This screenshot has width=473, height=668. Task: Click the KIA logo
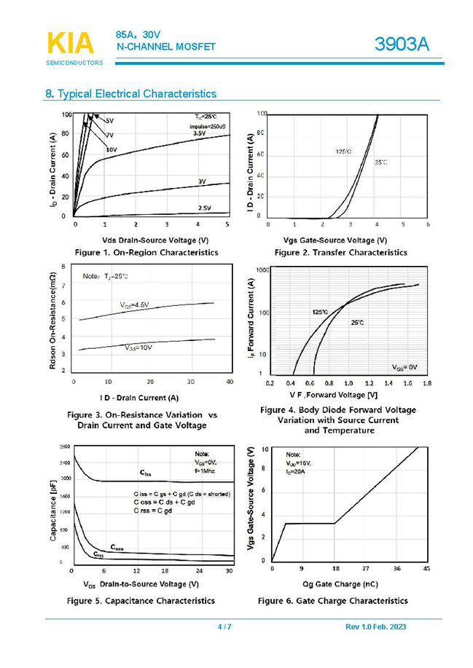coord(71,43)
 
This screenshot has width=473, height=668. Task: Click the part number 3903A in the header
coord(402,45)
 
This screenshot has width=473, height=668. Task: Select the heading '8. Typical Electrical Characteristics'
coord(130,94)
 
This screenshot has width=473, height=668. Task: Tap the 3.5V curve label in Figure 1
coord(200,133)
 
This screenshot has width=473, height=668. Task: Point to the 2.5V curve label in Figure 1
coord(205,208)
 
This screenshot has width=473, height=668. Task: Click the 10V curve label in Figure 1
coord(112,149)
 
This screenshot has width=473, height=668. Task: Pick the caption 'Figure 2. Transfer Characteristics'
coord(340,252)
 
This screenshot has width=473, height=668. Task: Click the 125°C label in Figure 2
coord(343,151)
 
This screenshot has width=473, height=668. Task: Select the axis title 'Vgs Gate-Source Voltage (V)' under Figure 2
coord(335,240)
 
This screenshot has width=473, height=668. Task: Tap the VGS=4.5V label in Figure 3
coord(136,304)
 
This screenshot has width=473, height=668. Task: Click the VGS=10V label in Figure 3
coord(137,348)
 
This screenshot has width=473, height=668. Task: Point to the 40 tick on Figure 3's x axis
coord(230,382)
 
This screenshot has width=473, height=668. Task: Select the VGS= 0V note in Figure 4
coord(404,366)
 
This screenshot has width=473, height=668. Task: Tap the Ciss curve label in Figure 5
coord(146,474)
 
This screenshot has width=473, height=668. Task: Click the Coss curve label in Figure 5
coord(117,546)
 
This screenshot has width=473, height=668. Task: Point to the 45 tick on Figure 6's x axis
coord(427,568)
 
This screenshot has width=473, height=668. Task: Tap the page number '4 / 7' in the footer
coord(224,627)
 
